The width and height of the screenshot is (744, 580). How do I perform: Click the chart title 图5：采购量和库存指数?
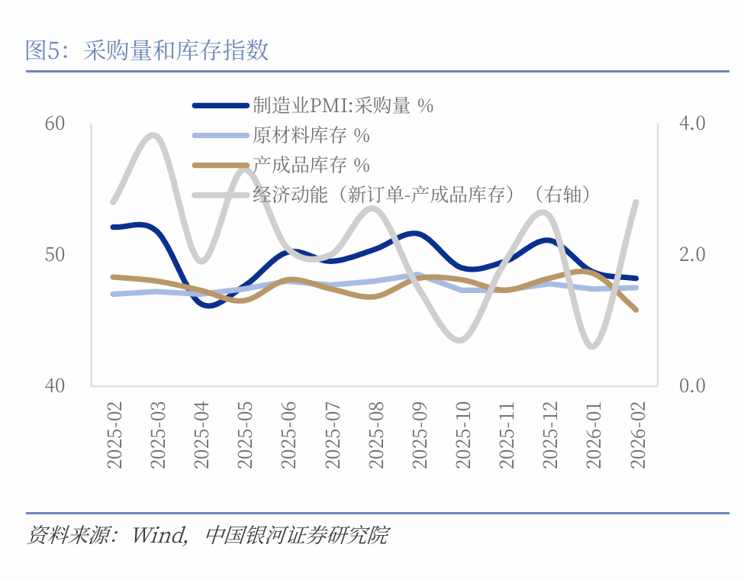click(147, 50)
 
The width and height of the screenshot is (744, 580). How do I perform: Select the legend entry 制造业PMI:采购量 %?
click(343, 106)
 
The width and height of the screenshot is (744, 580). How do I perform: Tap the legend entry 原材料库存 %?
click(311, 136)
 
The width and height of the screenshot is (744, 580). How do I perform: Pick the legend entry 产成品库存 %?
click(311, 165)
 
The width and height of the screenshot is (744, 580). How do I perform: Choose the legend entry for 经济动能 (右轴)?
click(422, 195)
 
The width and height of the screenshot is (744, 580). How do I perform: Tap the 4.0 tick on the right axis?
click(692, 124)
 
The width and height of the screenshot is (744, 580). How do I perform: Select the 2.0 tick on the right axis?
click(692, 254)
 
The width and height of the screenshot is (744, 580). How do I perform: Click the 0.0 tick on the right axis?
click(692, 385)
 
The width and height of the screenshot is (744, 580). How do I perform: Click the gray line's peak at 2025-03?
click(153, 136)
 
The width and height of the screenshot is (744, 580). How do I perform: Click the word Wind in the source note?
click(159, 535)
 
